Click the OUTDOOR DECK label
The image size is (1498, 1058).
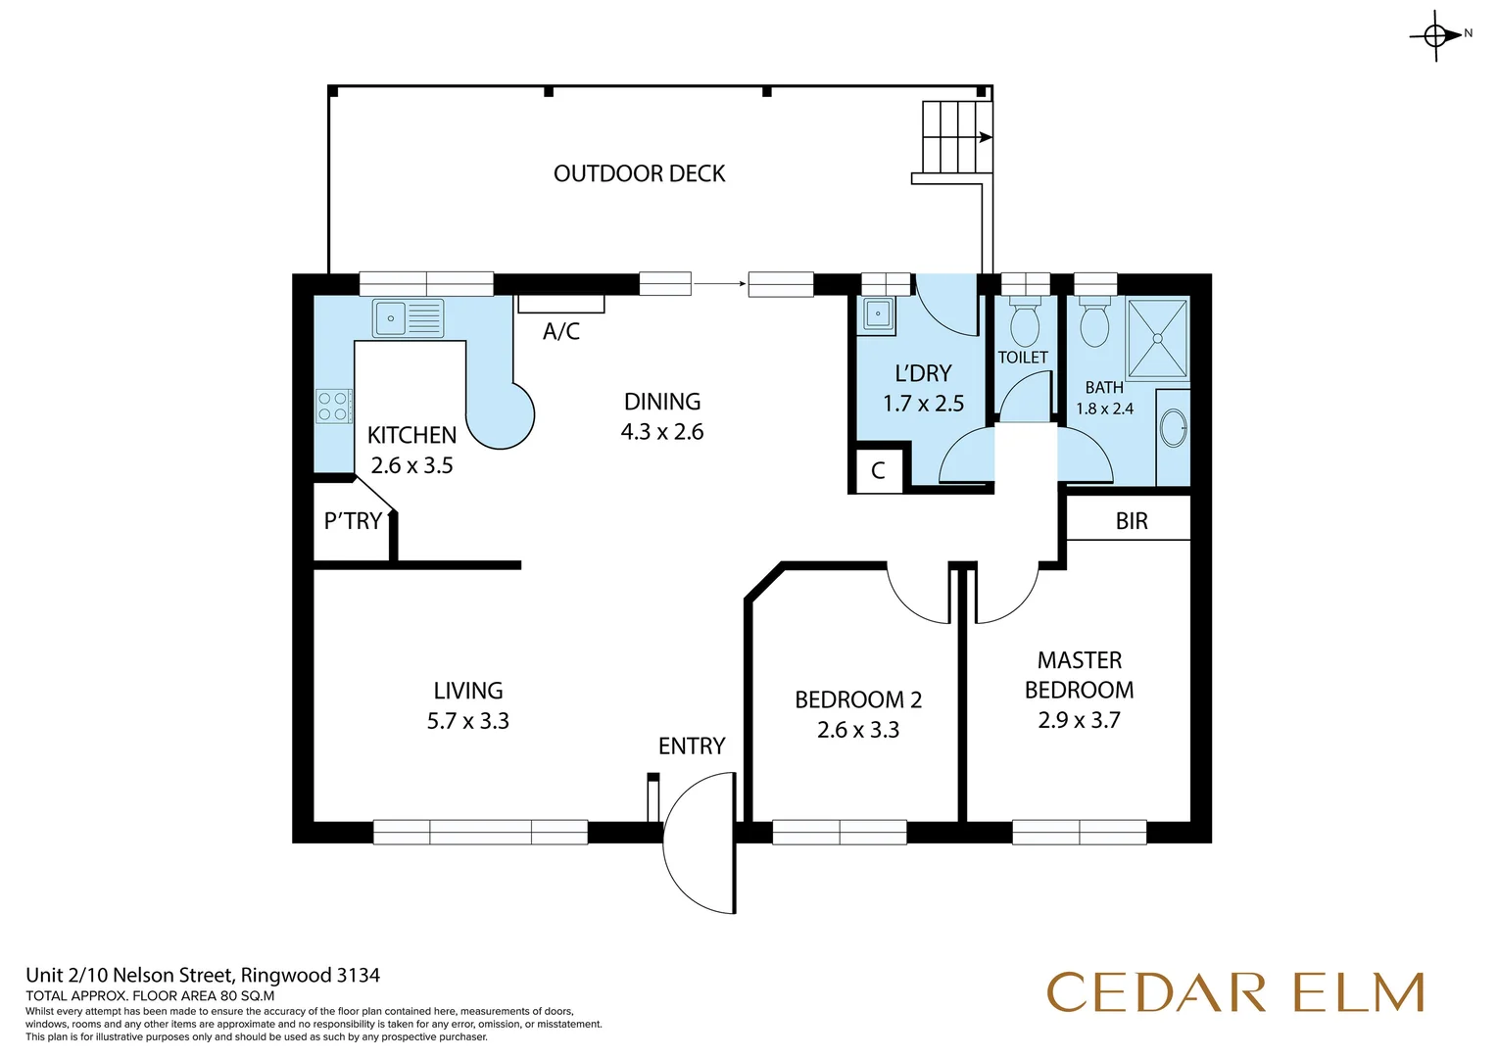pos(639,173)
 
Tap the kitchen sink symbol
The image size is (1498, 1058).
pos(407,318)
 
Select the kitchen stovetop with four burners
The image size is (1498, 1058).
pos(333,407)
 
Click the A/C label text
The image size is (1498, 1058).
pos(561,332)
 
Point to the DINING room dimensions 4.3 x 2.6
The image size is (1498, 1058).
pos(662,432)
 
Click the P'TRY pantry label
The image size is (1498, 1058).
pos(353,521)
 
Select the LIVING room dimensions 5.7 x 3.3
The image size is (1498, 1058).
pos(467,721)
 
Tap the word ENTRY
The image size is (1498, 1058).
pos(692,746)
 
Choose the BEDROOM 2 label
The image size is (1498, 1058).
pos(858,699)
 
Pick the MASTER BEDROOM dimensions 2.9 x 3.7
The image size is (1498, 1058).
pos(1079,720)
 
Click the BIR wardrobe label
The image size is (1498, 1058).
pos(1131,521)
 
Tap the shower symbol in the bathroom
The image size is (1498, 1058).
pos(1157,339)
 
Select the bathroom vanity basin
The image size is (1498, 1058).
pos(1173,428)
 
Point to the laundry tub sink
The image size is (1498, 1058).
pos(877,315)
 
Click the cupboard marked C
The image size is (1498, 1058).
pos(878,470)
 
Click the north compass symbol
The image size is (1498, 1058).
pos(1436,36)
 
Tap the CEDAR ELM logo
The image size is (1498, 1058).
pos(1234,992)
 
